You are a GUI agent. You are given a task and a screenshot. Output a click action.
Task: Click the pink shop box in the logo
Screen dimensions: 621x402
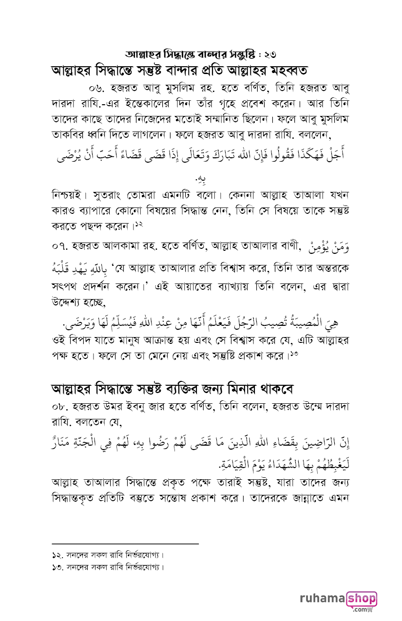361,598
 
